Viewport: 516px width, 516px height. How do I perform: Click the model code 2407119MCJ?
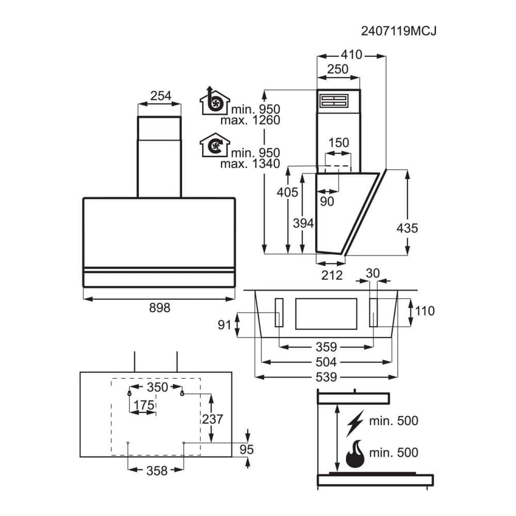[x=399, y=31]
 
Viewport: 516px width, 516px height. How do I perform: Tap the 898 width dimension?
[x=159, y=308]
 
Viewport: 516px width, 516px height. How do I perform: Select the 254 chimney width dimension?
[x=160, y=95]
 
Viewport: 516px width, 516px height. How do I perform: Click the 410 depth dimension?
[x=352, y=55]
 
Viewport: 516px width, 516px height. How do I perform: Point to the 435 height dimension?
[x=408, y=228]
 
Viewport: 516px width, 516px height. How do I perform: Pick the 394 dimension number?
[x=303, y=223]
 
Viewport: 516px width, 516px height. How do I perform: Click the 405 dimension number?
[x=287, y=192]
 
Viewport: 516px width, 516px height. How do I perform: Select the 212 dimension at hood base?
[x=332, y=275]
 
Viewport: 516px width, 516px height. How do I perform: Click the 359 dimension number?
[x=326, y=347]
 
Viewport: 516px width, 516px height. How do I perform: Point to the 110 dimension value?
[x=424, y=311]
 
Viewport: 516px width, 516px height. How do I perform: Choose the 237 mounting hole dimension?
[x=213, y=419]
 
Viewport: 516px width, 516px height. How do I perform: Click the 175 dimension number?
[x=143, y=406]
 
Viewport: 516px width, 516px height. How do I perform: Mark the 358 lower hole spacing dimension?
[x=156, y=471]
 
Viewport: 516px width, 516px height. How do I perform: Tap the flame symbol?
[x=355, y=454]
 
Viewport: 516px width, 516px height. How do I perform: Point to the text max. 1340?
[x=250, y=164]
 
